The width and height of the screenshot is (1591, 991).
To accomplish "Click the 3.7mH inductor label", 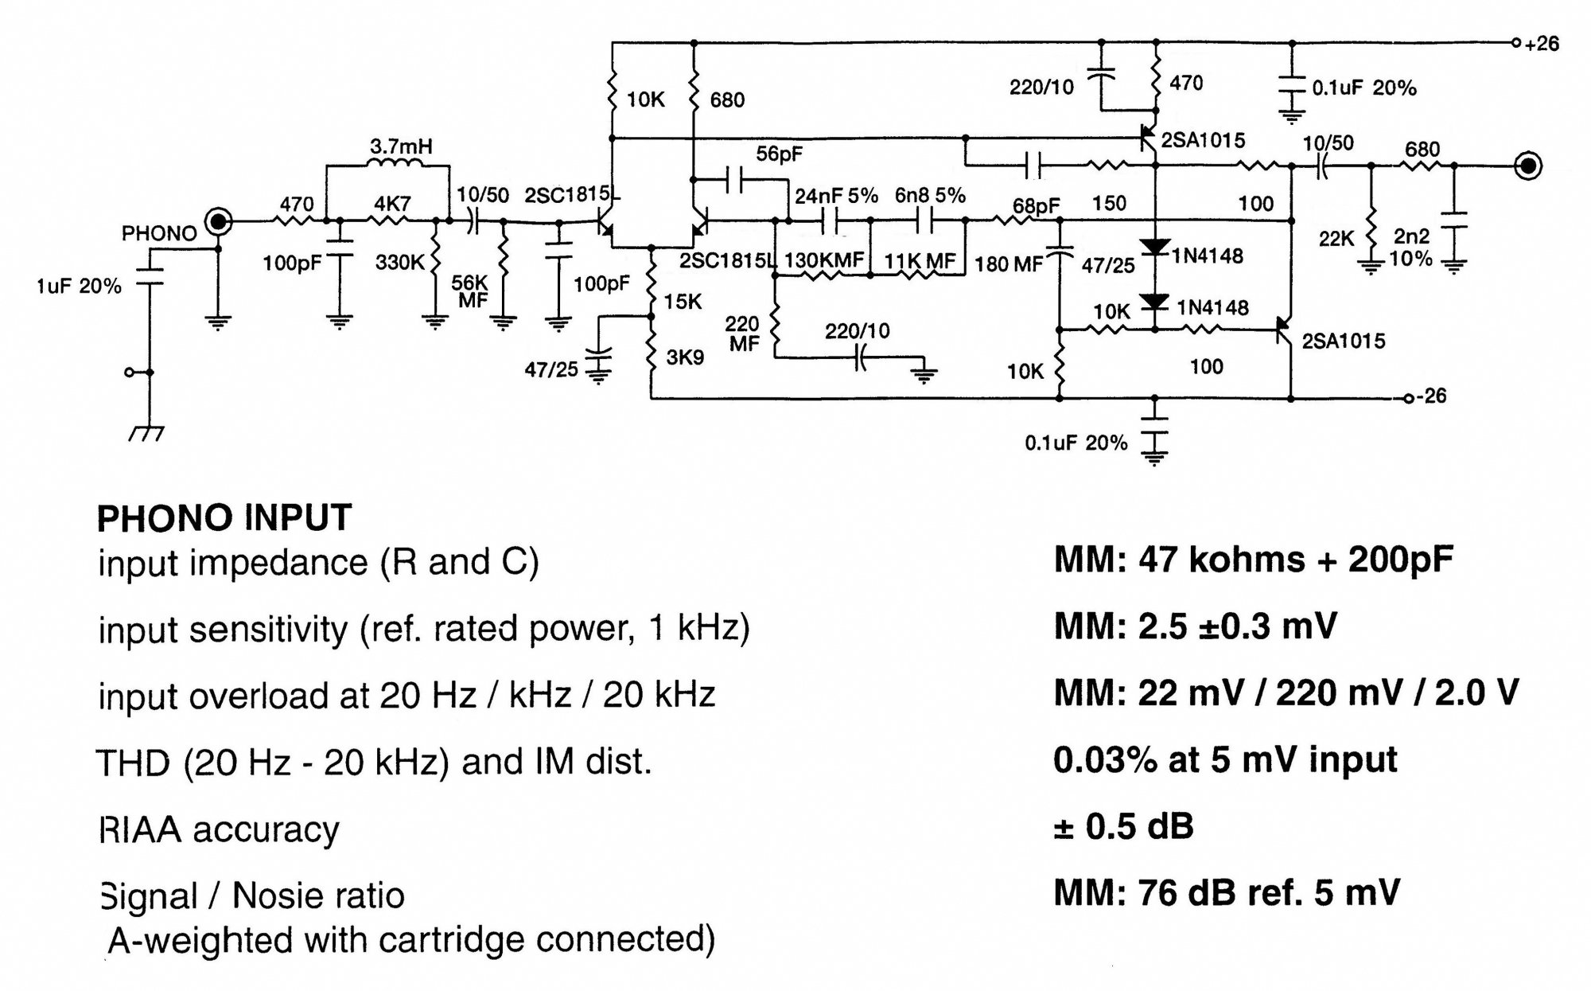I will click(401, 147).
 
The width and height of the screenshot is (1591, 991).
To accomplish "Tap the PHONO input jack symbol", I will click(218, 221).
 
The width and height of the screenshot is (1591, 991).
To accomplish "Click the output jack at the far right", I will click(1529, 166).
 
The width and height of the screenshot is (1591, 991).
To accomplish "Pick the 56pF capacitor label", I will click(779, 154).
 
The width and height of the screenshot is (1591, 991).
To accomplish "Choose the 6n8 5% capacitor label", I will click(930, 196).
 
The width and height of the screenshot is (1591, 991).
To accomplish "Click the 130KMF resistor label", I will click(823, 260).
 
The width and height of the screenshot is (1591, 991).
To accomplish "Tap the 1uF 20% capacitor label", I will click(79, 287).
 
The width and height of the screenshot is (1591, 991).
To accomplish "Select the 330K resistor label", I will click(399, 262).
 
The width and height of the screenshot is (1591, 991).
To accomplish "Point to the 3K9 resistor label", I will click(685, 357).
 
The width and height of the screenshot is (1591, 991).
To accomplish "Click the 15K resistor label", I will click(683, 302).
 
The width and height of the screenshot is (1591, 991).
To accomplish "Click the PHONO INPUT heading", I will click(224, 518).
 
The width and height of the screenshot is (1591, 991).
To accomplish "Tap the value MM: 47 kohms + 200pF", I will click(1253, 560).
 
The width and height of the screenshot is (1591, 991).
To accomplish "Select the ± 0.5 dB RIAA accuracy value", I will click(1123, 826).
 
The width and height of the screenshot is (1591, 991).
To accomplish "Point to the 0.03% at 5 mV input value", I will click(1225, 759).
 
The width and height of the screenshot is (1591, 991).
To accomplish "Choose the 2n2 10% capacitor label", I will click(1411, 248).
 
